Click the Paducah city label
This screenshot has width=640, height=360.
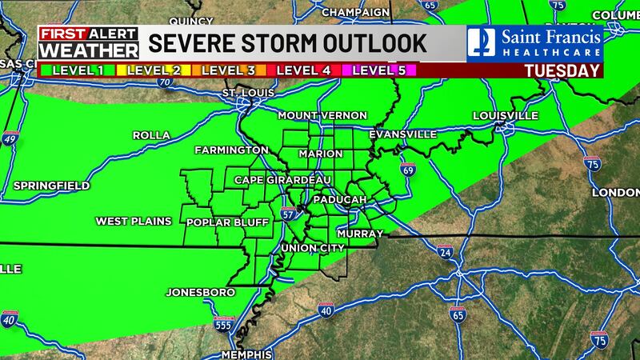[340, 198]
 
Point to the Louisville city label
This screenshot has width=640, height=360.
[505, 116]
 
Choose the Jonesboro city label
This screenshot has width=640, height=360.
[200, 292]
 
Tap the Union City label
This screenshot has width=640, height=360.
[312, 248]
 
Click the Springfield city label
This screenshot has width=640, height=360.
[51, 186]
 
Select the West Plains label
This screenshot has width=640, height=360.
[130, 221]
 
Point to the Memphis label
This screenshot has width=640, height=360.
[247, 354]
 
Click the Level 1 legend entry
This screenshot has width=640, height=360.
[75, 70]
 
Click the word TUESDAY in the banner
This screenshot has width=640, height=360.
[562, 70]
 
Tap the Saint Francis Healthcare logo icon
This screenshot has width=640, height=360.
[481, 42]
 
